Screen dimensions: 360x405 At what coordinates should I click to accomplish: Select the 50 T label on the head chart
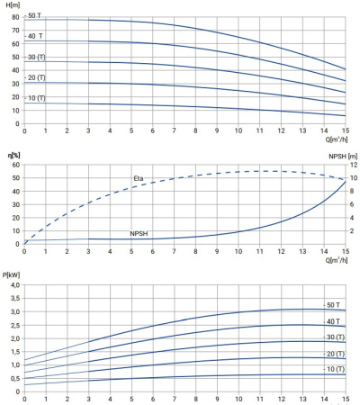(34, 15)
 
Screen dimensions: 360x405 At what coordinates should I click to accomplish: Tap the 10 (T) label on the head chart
(37, 98)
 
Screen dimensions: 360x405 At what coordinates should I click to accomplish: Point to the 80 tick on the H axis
(15, 17)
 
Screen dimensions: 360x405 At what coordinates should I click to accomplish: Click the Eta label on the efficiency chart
(139, 178)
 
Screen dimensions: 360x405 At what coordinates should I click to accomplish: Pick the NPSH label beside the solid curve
(139, 233)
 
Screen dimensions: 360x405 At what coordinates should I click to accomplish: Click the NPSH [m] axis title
(343, 157)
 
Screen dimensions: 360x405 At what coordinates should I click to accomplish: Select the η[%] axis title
(13, 155)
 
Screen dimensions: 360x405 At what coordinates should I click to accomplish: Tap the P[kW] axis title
(11, 274)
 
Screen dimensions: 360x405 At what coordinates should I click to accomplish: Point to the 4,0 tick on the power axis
(15, 285)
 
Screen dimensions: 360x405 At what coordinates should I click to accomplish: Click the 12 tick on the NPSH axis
(354, 165)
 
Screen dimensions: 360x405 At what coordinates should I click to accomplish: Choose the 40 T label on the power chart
(333, 321)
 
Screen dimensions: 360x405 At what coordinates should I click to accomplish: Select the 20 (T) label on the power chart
(336, 354)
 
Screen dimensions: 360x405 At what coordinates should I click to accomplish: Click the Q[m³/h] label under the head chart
(337, 139)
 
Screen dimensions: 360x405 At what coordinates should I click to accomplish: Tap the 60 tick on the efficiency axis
(16, 165)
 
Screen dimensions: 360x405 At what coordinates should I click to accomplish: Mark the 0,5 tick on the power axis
(15, 378)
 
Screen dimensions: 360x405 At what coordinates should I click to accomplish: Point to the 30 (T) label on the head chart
(37, 57)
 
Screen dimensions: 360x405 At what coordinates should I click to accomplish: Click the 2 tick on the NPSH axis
(352, 231)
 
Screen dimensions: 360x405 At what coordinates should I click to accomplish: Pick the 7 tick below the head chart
(174, 130)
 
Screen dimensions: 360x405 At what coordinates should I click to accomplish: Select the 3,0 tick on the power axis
(15, 311)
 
